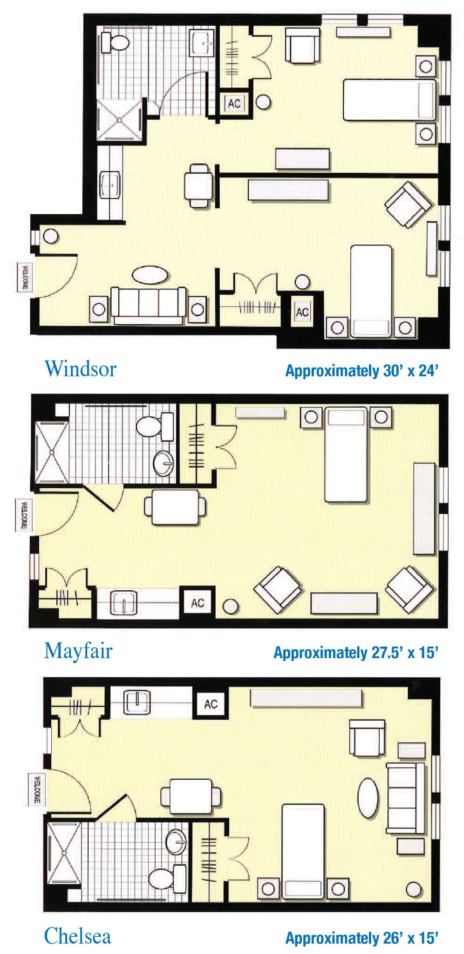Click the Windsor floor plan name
point(80,368)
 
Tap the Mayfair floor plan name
point(78,650)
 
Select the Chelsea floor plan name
point(77,936)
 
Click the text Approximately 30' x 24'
point(362,371)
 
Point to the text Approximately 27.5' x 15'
point(356,653)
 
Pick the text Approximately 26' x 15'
point(362,938)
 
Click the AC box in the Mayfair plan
point(198,603)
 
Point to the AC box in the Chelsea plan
point(211,704)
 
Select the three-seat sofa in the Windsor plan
point(148,305)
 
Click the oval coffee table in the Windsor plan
point(150,274)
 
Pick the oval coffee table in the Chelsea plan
point(368,798)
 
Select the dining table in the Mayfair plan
point(175,507)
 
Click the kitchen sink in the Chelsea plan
point(136,702)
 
